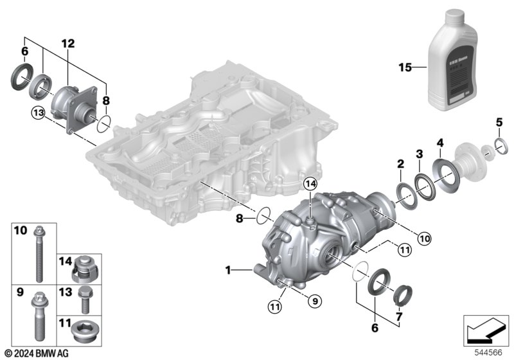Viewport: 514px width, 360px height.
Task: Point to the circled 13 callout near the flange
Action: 38,113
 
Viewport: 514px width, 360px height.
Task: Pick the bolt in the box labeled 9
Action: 37,321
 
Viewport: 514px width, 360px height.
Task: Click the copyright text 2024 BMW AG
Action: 36,354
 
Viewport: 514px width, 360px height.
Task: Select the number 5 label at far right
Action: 499,123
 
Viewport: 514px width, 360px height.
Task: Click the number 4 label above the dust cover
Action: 439,142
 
